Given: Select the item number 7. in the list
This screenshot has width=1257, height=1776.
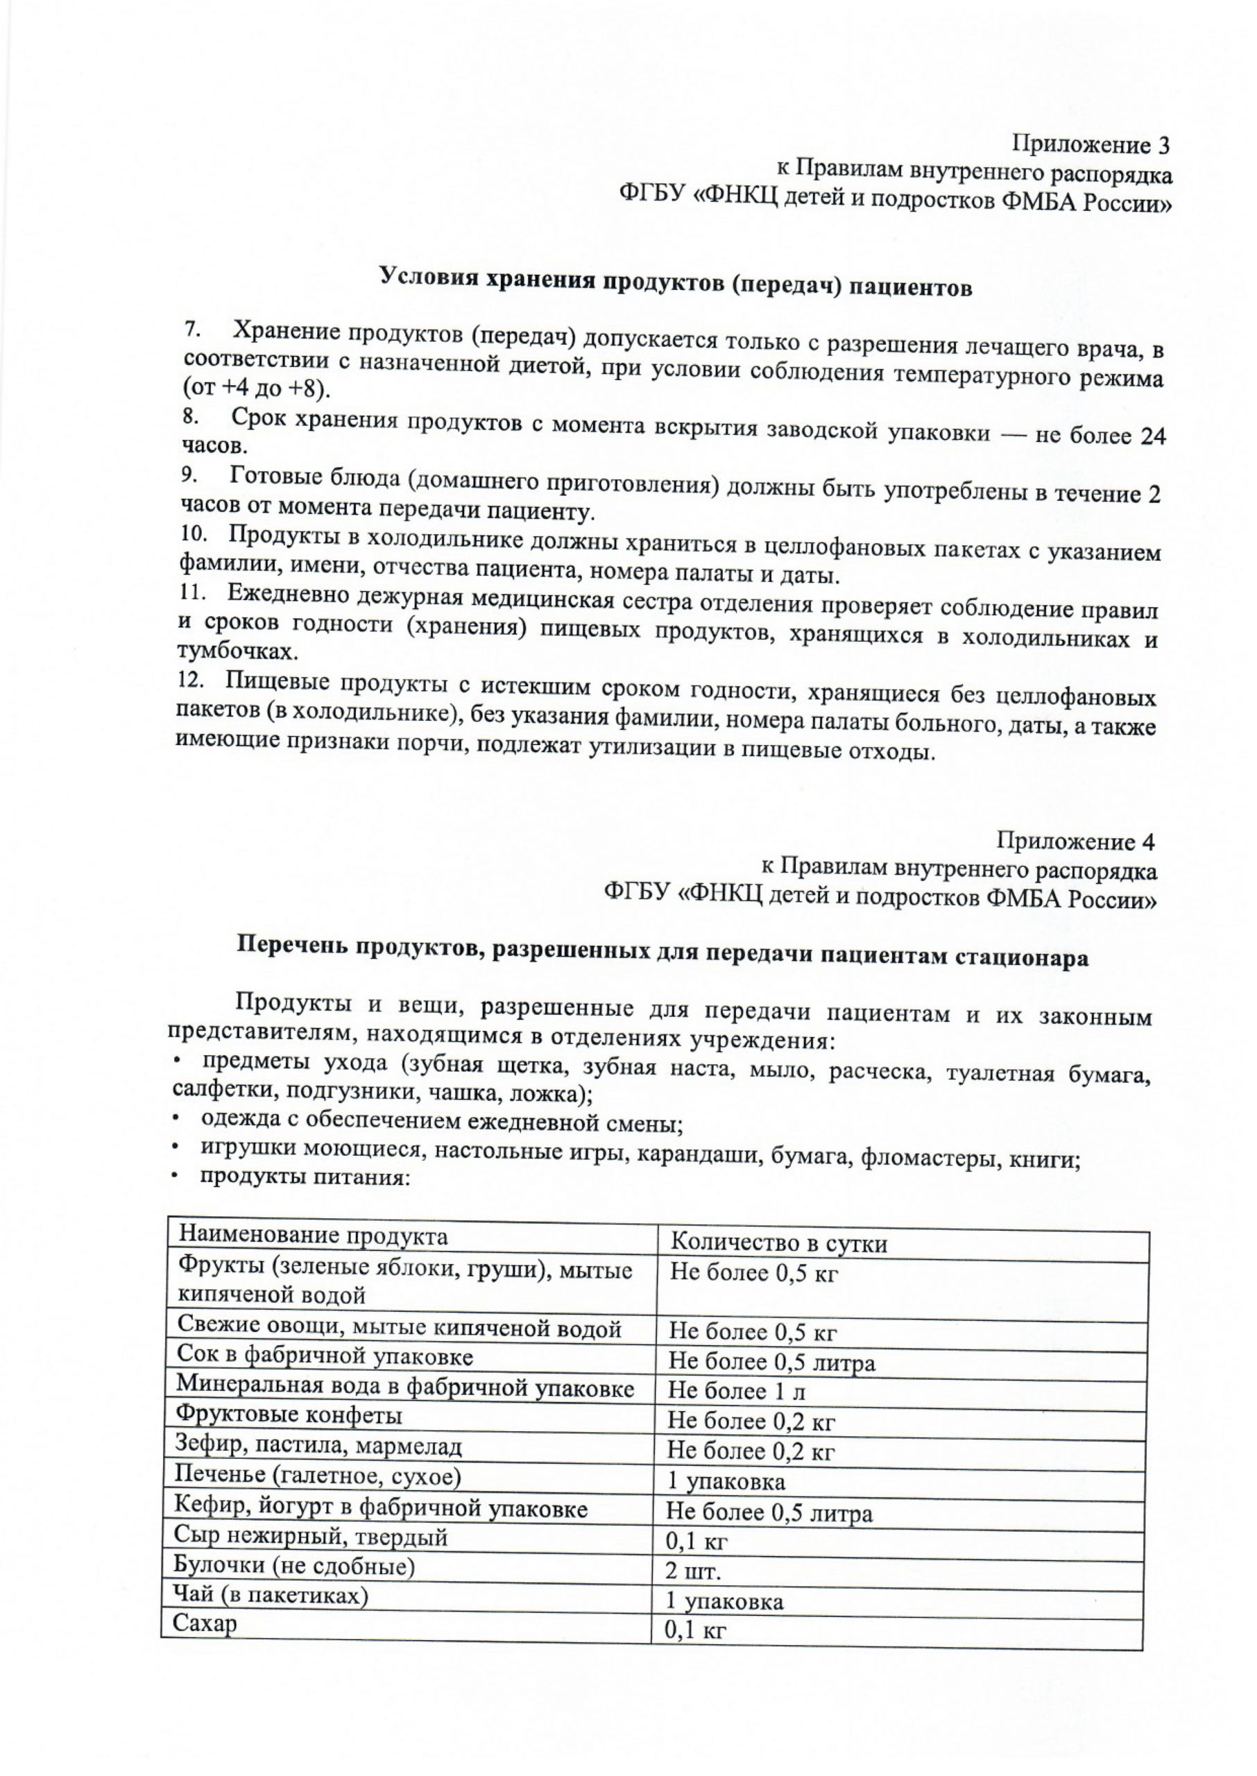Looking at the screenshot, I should coord(193,329).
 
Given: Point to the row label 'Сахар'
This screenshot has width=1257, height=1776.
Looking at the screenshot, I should coord(205,1623).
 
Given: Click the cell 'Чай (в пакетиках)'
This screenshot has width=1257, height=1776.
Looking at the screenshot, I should coord(271,1595).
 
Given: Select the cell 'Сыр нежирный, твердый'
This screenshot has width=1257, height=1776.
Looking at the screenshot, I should coord(311,1535).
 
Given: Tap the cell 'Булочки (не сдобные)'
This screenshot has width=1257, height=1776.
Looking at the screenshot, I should coord(295,1566).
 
